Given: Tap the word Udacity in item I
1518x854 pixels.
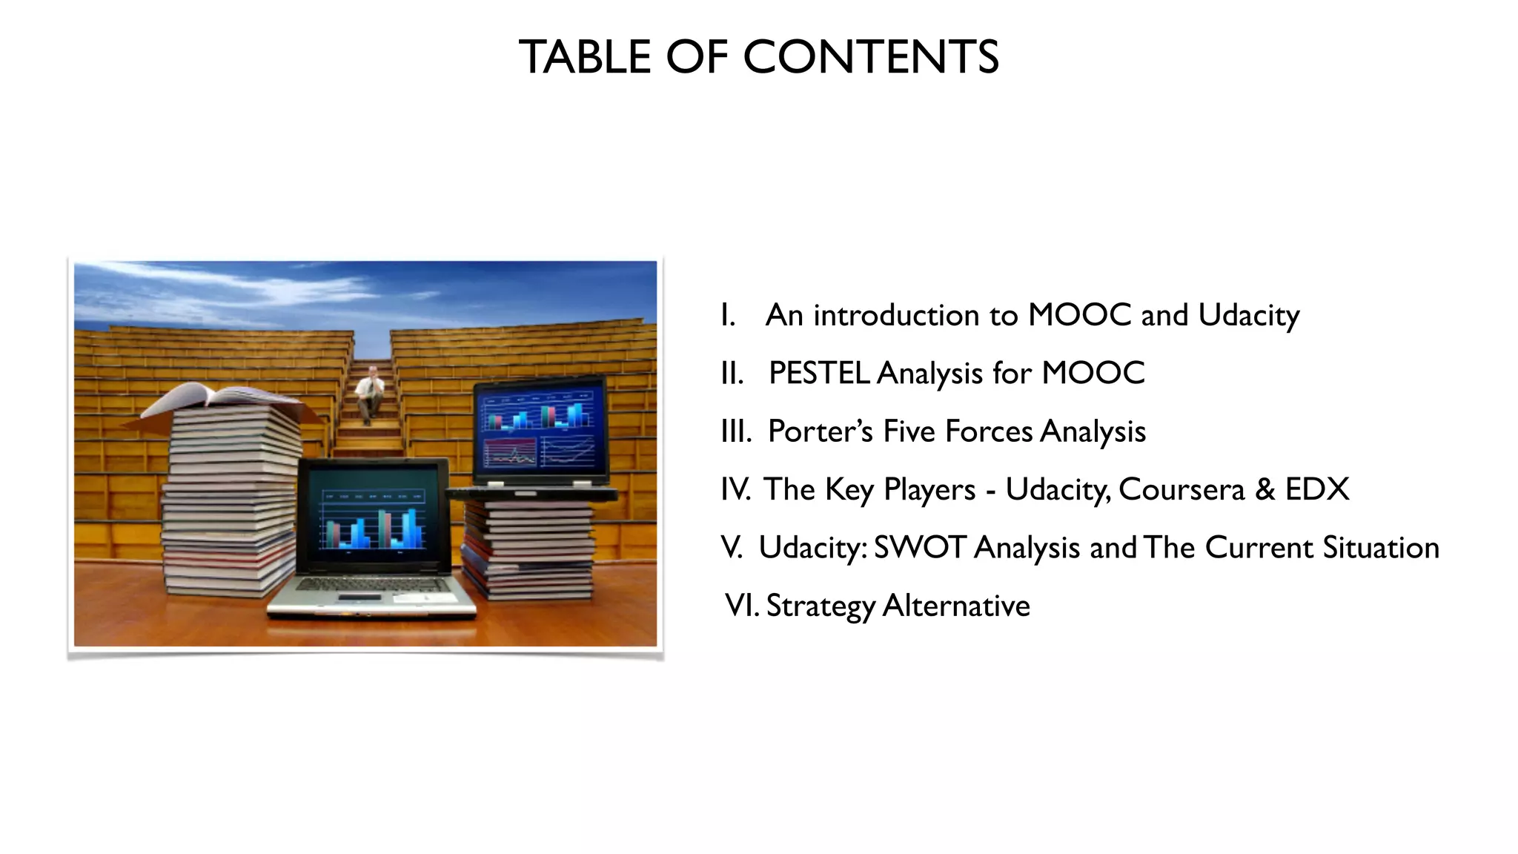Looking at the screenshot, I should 1248,316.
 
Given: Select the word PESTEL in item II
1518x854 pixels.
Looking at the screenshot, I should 819,373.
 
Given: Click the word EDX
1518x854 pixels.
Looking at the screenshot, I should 1317,489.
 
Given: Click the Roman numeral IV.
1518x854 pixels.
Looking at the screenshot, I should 735,489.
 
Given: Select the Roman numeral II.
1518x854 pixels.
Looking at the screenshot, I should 731,374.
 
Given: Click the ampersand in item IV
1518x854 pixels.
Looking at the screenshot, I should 1265,489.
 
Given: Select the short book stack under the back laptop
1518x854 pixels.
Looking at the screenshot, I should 528,549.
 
